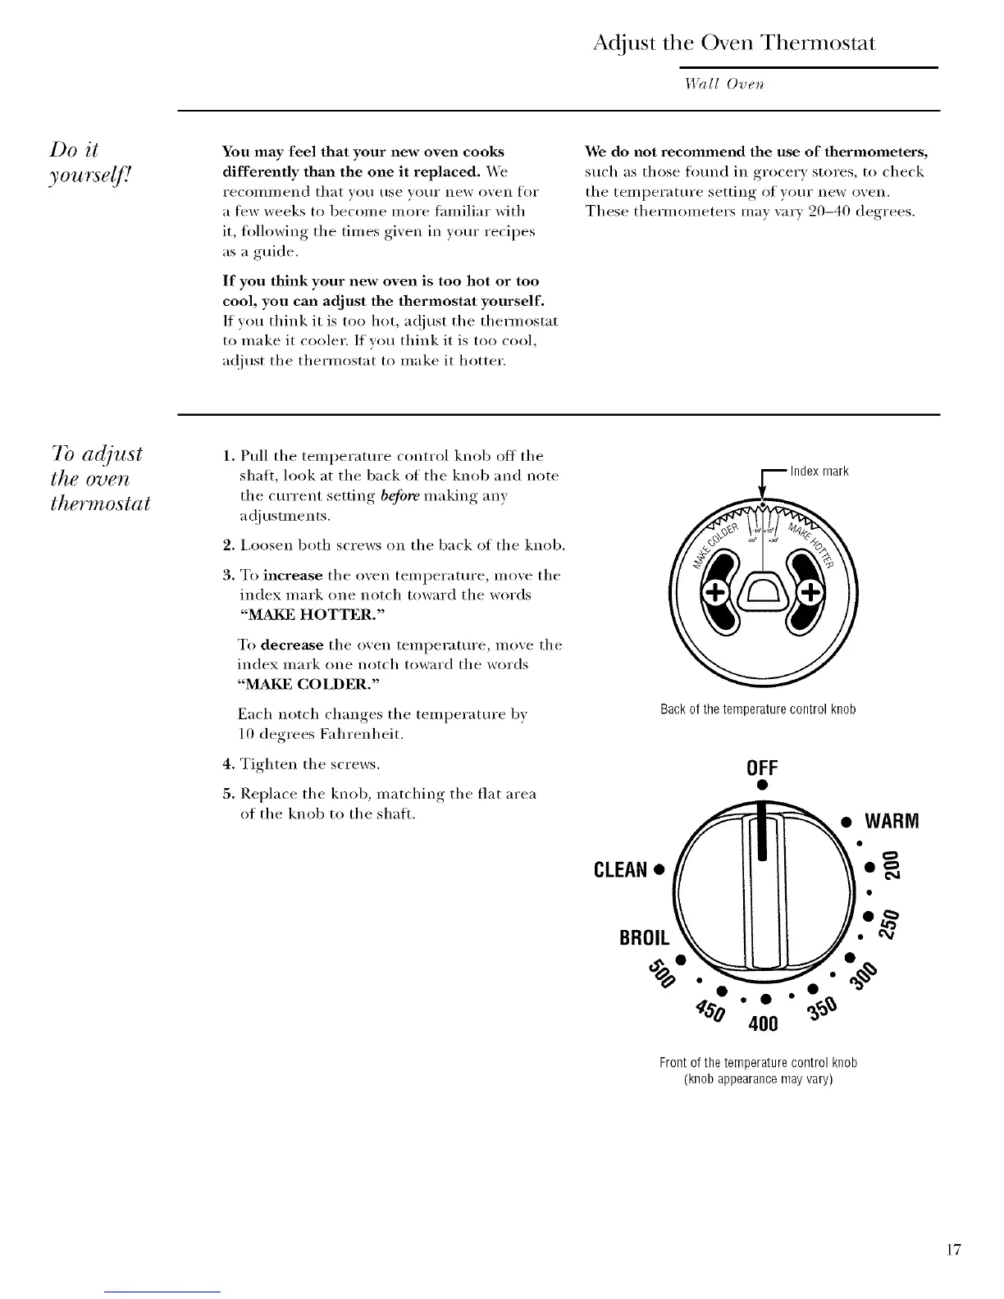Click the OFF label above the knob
pos(762,768)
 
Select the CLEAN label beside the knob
pos(624,868)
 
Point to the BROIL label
pos(646,937)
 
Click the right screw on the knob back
pos(811,591)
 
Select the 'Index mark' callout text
pos(819,472)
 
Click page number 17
pos(952,1251)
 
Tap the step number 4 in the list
pos(226,765)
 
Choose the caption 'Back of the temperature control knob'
pos(758,709)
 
